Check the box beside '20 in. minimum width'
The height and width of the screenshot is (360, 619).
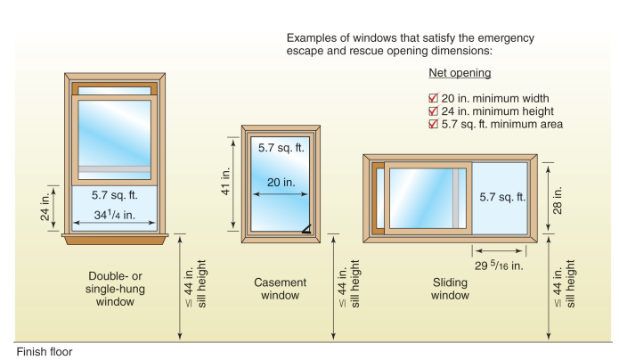click(434, 98)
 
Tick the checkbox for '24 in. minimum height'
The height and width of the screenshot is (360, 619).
click(434, 111)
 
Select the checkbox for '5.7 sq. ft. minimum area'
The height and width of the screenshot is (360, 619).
click(434, 125)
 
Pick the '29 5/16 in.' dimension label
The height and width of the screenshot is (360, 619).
click(498, 265)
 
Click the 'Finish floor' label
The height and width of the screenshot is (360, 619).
click(44, 351)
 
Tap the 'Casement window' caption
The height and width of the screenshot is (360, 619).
click(281, 289)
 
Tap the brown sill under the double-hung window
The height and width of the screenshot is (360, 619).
click(116, 238)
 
